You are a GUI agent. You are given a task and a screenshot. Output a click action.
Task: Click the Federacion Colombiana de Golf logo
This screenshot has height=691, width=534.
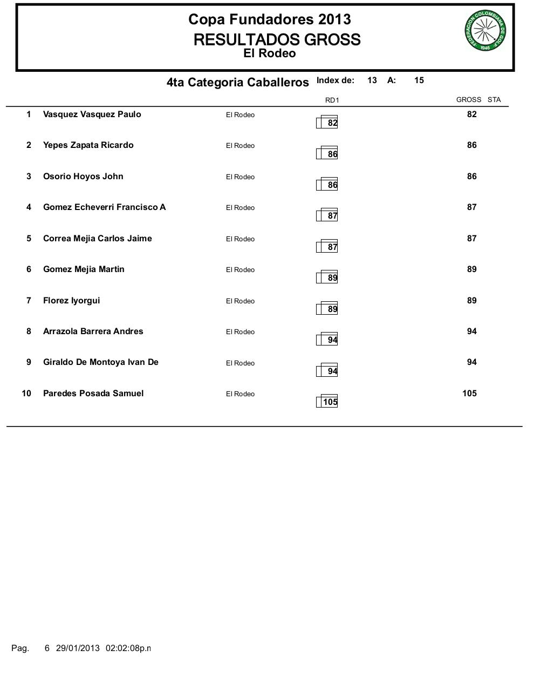485,31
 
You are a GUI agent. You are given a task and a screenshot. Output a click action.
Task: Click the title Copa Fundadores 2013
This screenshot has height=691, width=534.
269,19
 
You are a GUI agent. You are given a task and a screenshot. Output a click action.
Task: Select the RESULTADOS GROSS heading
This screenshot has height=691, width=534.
277,39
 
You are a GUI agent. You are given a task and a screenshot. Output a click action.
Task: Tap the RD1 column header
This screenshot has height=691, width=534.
332,100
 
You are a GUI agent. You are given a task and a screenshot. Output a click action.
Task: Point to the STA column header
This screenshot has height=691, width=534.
494,99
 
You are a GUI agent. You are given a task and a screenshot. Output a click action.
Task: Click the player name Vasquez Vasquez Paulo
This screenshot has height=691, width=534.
92,114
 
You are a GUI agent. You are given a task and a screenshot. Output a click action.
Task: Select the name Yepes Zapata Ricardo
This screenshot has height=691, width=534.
88,145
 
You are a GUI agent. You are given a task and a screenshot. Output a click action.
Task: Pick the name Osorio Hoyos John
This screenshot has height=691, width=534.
83,177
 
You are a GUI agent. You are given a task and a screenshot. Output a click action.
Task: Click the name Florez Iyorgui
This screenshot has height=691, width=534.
71,301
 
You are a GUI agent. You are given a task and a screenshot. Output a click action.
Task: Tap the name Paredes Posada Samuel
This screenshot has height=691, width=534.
93,394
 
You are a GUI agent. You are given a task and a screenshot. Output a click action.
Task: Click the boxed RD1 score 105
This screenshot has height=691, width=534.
330,402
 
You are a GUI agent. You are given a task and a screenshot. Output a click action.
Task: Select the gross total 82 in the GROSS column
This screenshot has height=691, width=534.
472,114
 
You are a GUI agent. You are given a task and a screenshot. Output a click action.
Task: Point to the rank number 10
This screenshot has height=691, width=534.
26,394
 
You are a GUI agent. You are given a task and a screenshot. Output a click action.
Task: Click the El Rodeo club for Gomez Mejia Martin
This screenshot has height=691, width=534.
240,270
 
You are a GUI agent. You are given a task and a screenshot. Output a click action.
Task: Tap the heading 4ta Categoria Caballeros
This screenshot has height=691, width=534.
237,83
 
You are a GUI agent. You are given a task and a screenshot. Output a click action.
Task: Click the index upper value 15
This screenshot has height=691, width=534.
419,80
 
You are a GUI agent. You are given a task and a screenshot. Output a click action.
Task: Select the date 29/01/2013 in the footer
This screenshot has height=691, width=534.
78,648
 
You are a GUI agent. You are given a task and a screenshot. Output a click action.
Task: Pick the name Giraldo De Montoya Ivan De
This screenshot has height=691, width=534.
101,362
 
